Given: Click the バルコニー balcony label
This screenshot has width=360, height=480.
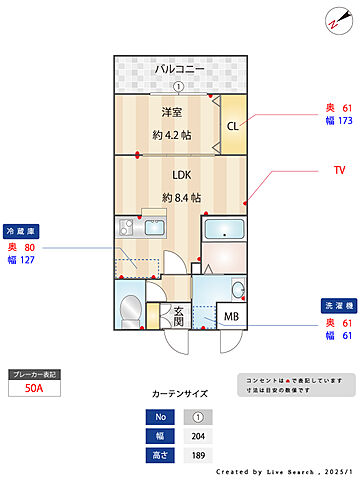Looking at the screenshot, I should (x=179, y=69).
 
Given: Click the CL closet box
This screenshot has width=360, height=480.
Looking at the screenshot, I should (x=231, y=126).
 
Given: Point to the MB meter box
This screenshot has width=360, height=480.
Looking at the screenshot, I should (x=231, y=318).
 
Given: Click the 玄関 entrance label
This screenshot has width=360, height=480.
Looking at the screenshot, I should (x=178, y=316).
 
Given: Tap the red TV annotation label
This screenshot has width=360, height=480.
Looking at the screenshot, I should (x=339, y=171).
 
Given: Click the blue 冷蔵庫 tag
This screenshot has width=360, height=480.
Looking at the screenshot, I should (x=23, y=229).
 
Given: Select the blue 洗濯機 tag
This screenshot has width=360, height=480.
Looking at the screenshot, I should (x=335, y=305).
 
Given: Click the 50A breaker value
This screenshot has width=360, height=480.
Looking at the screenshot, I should (x=33, y=390).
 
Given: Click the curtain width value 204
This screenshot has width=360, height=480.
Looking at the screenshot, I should (x=197, y=435).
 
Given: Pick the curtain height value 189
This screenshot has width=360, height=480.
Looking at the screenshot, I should (x=197, y=455).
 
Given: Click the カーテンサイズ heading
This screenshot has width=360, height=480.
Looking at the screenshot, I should (x=180, y=394).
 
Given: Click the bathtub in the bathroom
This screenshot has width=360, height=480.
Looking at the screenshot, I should (x=225, y=230).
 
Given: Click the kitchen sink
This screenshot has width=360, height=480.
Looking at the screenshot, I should (x=158, y=228).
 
